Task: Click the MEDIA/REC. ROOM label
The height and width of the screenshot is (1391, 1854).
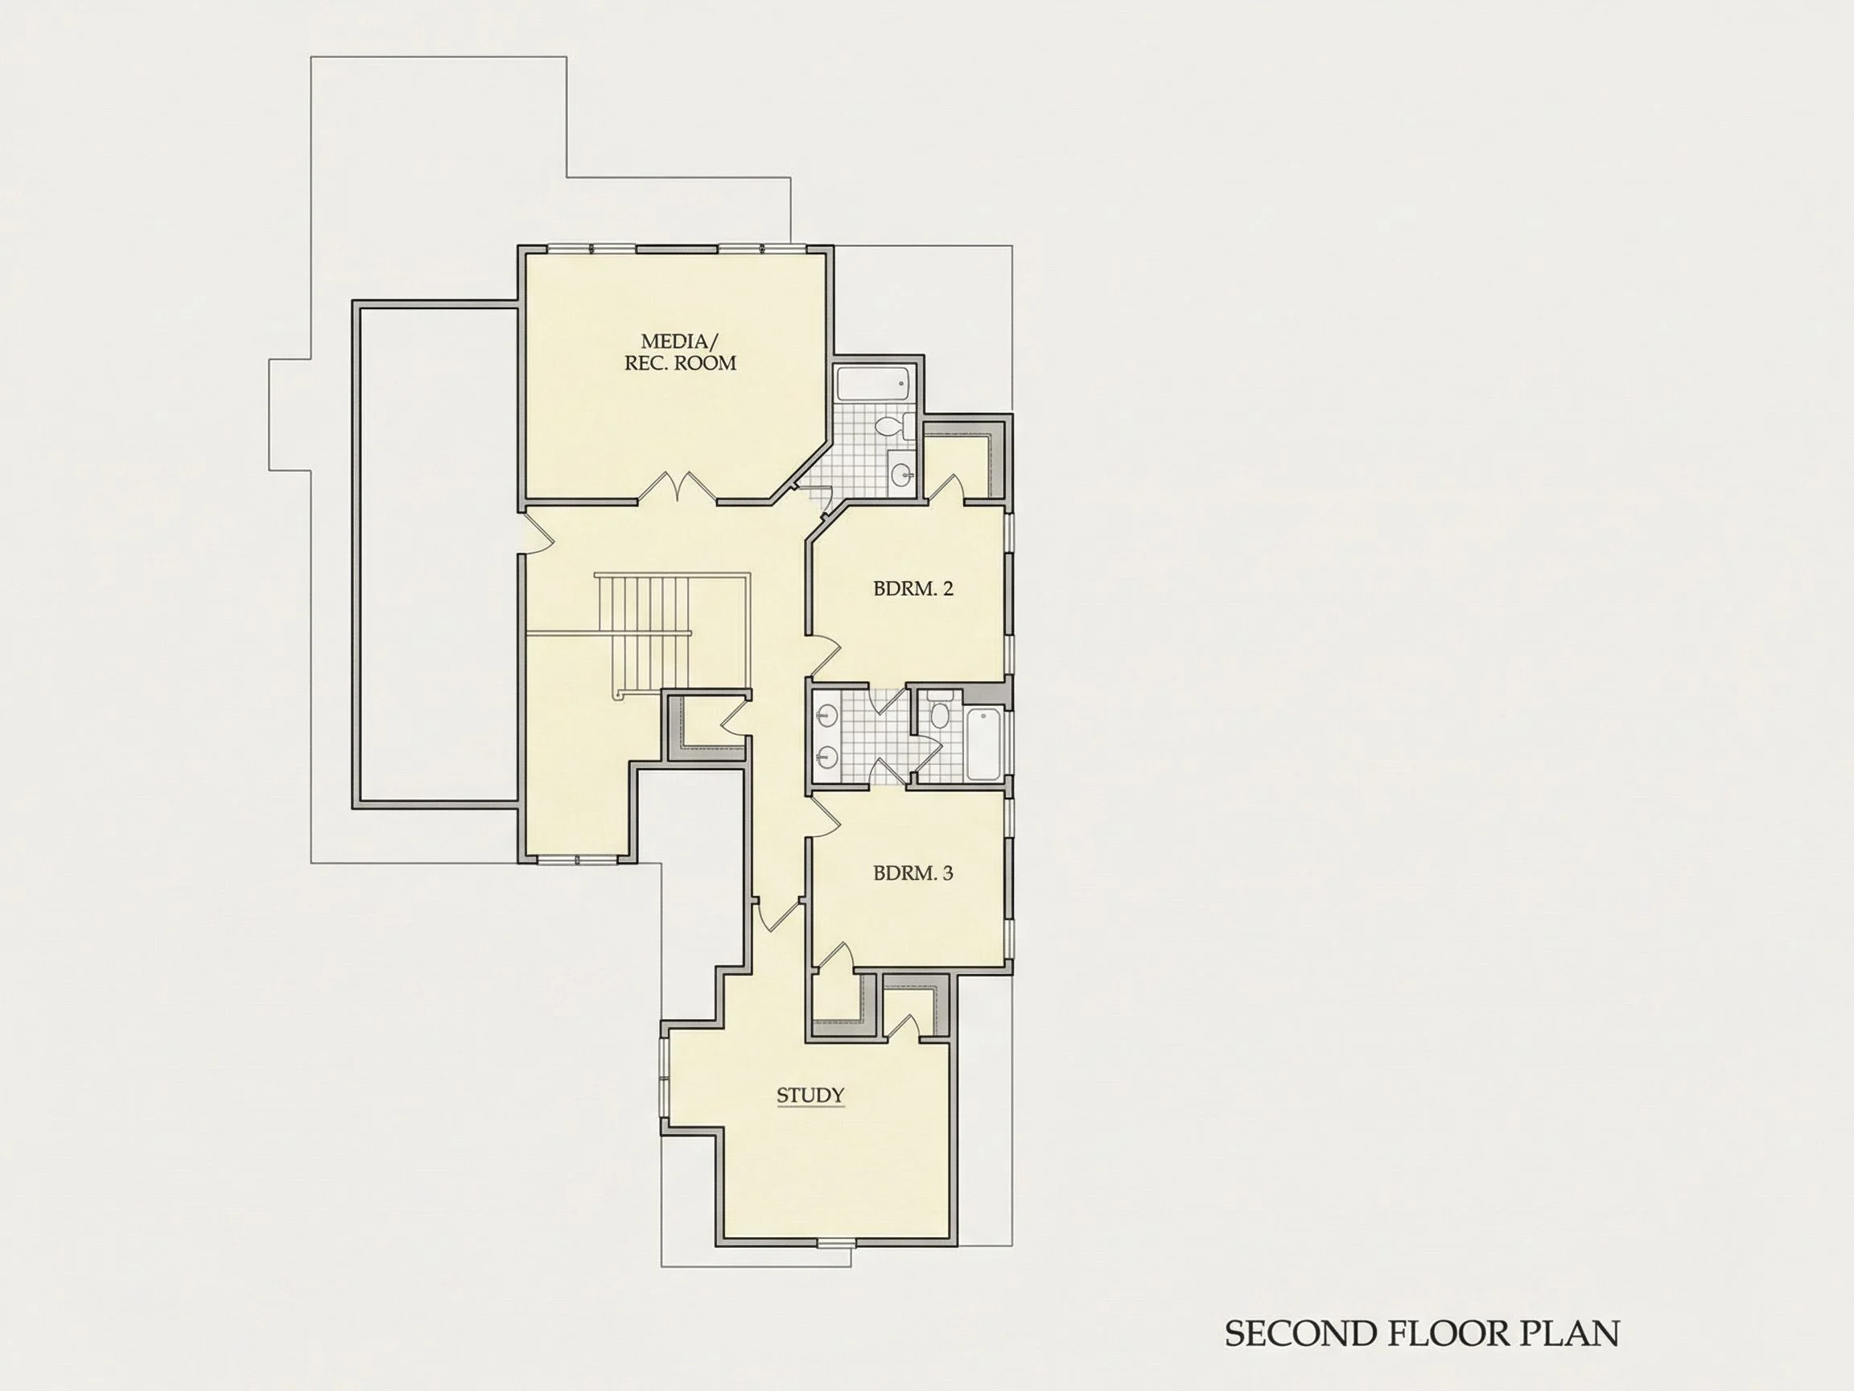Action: [680, 352]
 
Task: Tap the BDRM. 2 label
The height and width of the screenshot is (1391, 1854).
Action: [913, 588]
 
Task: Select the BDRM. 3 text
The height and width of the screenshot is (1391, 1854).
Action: [913, 873]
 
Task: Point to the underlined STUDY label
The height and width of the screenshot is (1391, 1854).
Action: [810, 1096]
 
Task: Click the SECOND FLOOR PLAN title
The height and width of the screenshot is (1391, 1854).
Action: [1422, 1333]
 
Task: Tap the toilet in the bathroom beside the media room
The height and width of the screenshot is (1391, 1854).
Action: [892, 426]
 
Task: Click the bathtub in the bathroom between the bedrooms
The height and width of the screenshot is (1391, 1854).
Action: [985, 743]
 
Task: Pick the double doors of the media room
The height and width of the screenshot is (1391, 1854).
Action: [678, 488]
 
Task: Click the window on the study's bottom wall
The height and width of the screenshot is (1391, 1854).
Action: [835, 1243]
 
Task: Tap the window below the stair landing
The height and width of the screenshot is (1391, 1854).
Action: [577, 860]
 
